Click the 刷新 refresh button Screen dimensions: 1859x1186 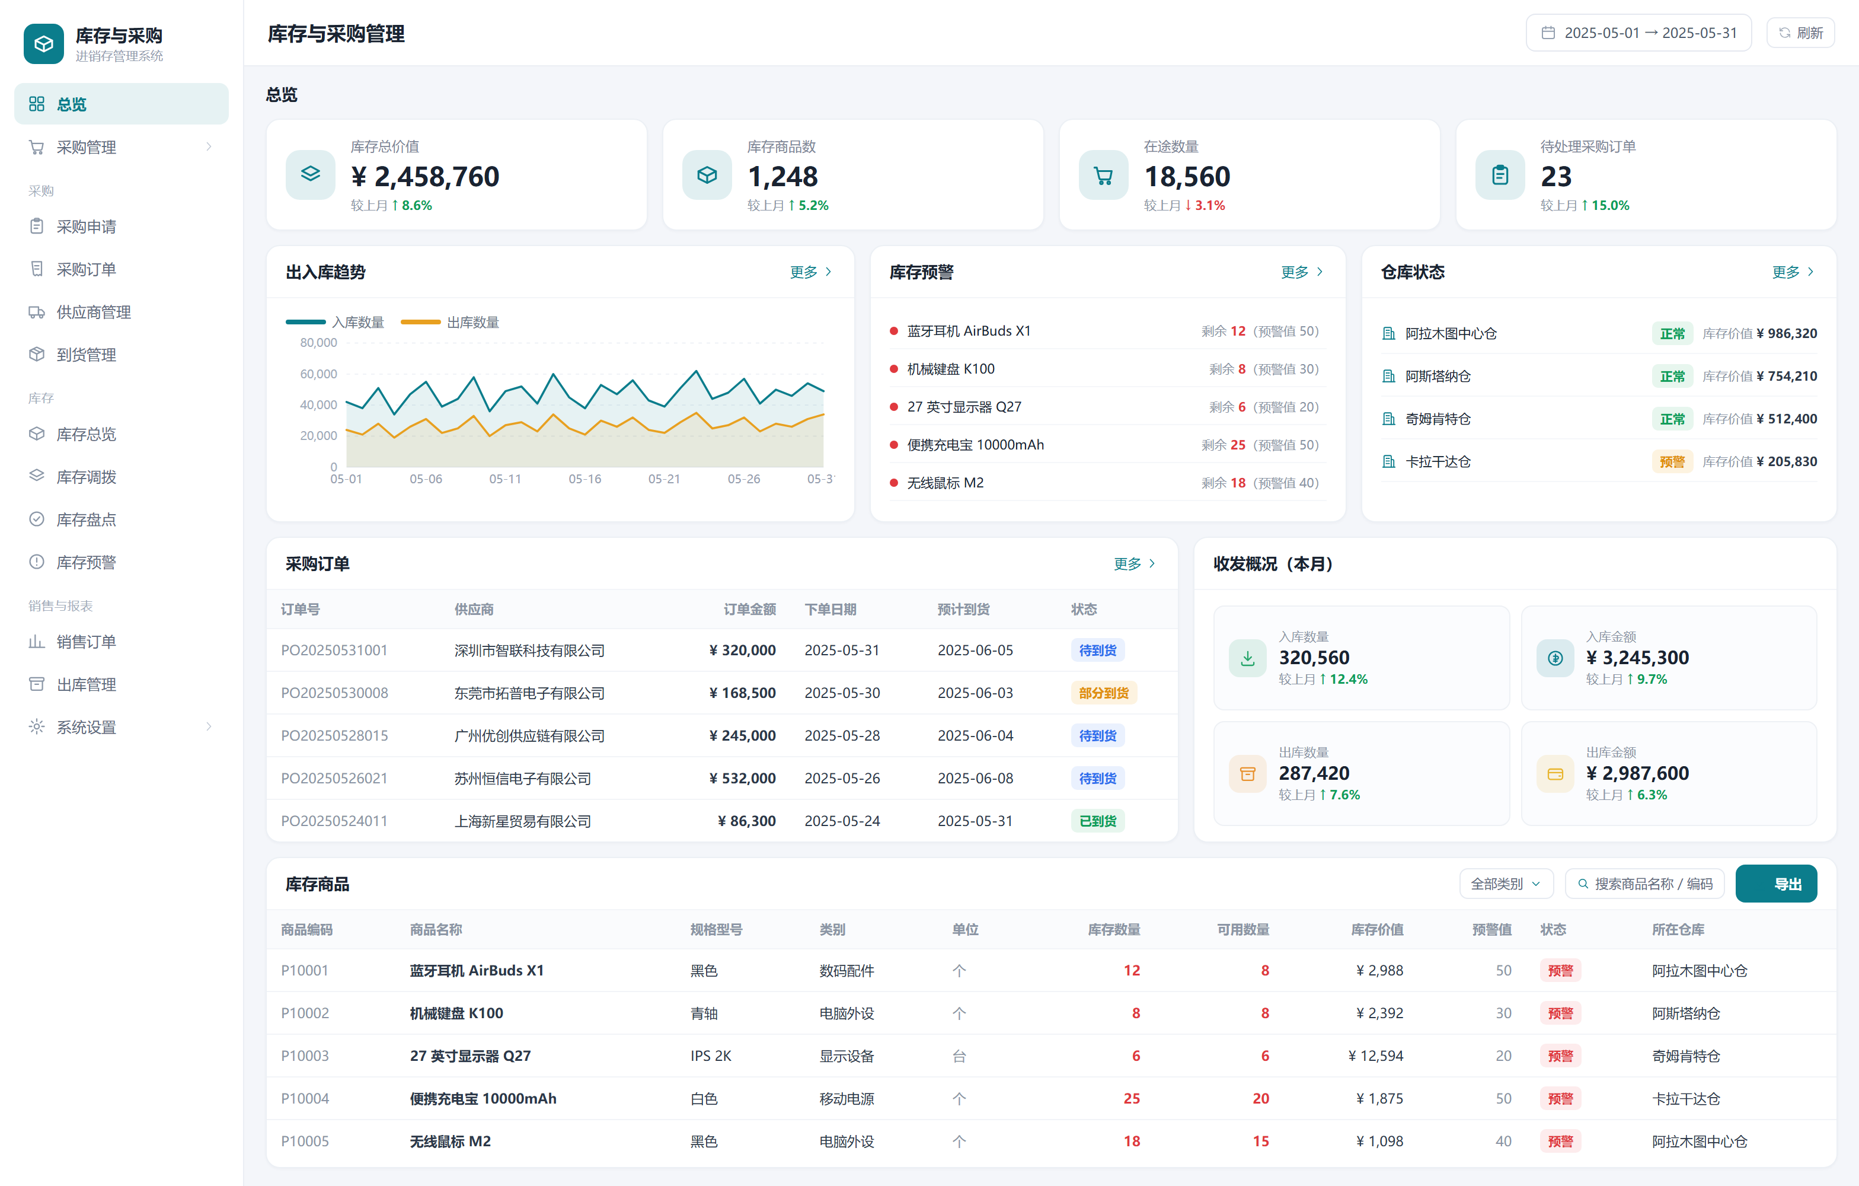coord(1800,33)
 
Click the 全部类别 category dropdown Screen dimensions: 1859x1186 coord(1506,884)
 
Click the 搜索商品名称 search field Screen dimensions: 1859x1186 coord(1644,884)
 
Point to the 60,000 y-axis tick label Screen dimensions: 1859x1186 coord(319,374)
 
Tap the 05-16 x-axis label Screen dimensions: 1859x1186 coord(584,479)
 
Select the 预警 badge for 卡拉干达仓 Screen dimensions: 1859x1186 coord(1672,462)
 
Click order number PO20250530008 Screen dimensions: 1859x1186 coord(334,693)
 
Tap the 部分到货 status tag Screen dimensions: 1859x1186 coord(1103,693)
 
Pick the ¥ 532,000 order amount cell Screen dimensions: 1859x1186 coord(743,778)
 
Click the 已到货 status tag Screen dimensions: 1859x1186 coord(1097,821)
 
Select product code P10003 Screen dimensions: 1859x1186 coord(305,1056)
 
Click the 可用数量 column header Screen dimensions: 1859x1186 coord(1243,930)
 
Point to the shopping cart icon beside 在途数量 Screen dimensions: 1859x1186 coord(1103,176)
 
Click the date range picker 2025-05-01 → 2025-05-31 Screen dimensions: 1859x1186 coord(1638,33)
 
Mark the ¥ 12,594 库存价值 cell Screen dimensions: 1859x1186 coord(1376,1056)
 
